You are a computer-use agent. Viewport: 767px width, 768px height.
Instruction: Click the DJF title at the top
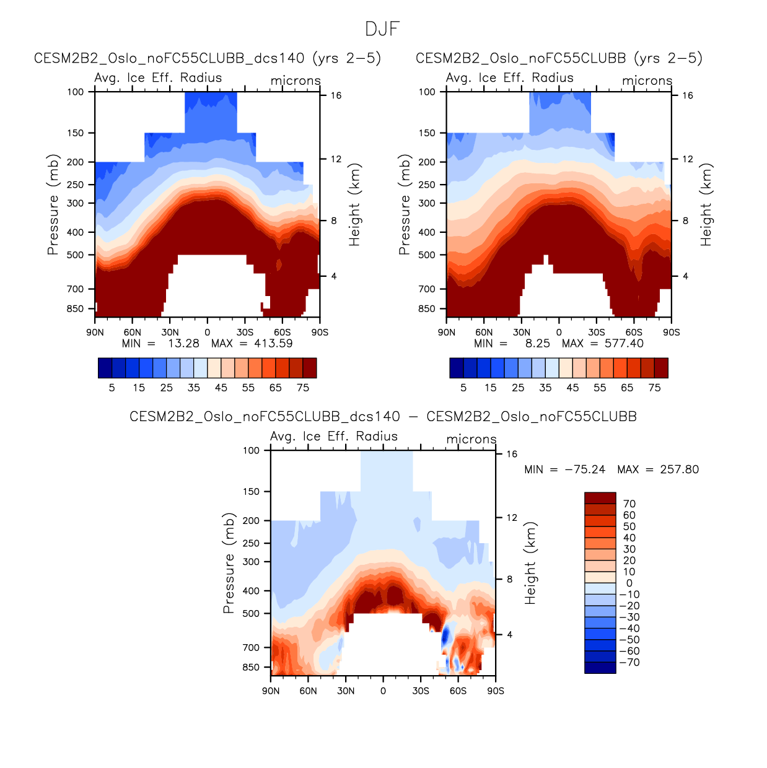click(382, 29)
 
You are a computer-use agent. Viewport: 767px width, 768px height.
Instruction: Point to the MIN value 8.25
click(537, 343)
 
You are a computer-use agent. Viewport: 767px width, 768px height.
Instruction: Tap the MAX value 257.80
click(679, 469)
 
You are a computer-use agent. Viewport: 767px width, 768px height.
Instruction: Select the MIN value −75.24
click(584, 469)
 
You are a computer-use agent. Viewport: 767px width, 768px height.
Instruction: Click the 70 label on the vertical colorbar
click(629, 504)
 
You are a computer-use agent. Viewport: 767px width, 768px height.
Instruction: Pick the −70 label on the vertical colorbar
click(629, 662)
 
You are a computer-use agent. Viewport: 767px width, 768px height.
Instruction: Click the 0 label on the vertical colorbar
click(629, 583)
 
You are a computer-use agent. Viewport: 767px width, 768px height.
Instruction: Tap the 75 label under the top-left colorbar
click(303, 388)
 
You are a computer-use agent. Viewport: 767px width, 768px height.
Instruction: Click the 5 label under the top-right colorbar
click(463, 388)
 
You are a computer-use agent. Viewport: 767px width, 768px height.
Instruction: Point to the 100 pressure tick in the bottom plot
click(251, 450)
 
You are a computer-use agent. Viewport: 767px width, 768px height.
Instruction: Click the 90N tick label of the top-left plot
click(95, 333)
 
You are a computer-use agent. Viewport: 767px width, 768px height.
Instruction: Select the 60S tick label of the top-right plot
click(634, 333)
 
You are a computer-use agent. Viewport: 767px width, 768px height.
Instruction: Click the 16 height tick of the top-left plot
click(336, 95)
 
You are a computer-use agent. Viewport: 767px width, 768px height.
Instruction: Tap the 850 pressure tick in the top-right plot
click(427, 308)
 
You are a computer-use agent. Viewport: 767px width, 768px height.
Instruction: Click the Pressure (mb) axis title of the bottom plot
click(229, 563)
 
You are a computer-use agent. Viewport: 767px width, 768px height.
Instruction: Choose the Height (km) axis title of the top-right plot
click(706, 205)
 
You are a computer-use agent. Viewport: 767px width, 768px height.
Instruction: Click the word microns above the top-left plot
click(296, 81)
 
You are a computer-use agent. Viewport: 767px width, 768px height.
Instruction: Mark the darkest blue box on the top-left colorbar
click(105, 368)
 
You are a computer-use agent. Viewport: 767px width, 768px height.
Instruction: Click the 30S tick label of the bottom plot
click(421, 691)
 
